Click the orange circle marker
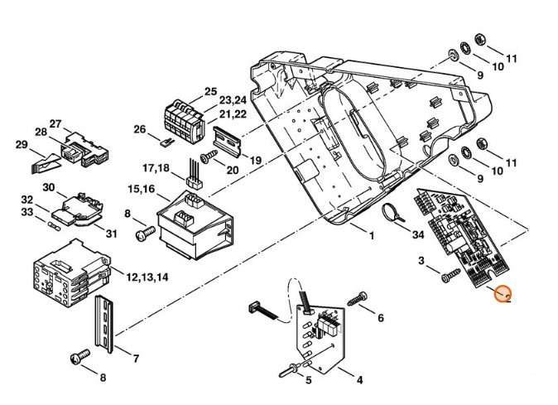point(503,294)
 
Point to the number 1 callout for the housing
point(372,236)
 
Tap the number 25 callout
point(209,91)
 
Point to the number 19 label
point(254,160)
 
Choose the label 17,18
point(156,167)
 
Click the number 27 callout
point(56,123)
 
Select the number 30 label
point(48,187)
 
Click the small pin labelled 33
point(55,224)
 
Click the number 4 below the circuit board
point(359,381)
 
